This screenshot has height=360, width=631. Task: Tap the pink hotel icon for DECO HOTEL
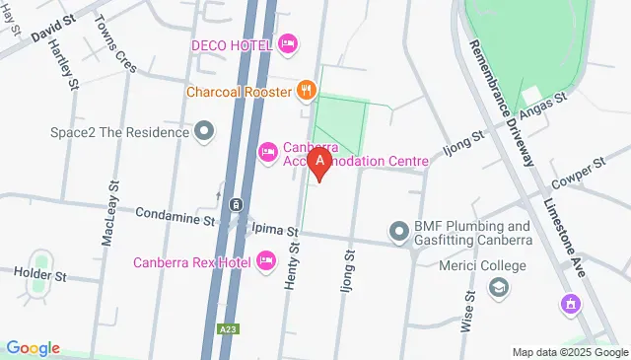(288, 42)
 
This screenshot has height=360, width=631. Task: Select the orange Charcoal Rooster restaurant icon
(308, 92)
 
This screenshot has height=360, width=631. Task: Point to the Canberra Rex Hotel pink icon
(265, 260)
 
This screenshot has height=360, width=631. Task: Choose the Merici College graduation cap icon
(498, 289)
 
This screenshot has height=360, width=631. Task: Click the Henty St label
(292, 266)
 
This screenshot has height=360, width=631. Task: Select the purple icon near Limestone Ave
(568, 303)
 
